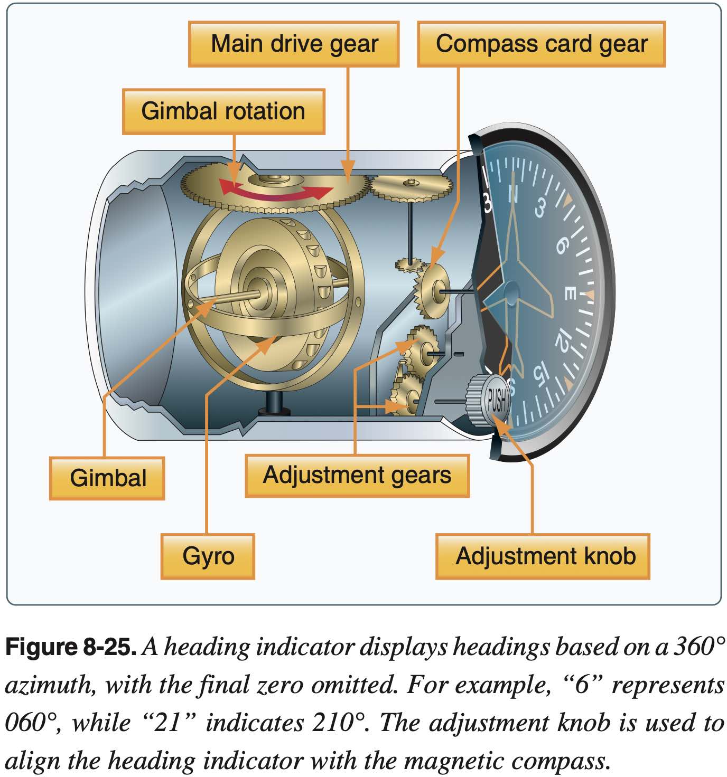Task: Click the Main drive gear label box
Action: [x=294, y=44]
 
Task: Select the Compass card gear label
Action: [x=541, y=44]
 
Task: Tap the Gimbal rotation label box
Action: [x=223, y=111]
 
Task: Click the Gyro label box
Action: [x=208, y=556]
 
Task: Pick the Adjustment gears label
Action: [x=357, y=475]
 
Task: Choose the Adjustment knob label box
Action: [x=543, y=556]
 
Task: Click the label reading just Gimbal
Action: [x=107, y=478]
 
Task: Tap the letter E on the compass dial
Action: [x=570, y=293]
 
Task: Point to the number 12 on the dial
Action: [x=563, y=340]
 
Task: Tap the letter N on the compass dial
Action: [x=512, y=194]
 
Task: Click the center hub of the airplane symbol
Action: [x=511, y=292]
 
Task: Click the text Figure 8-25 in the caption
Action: [x=71, y=647]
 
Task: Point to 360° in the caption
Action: [x=698, y=647]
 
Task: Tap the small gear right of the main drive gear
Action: [x=411, y=187]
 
